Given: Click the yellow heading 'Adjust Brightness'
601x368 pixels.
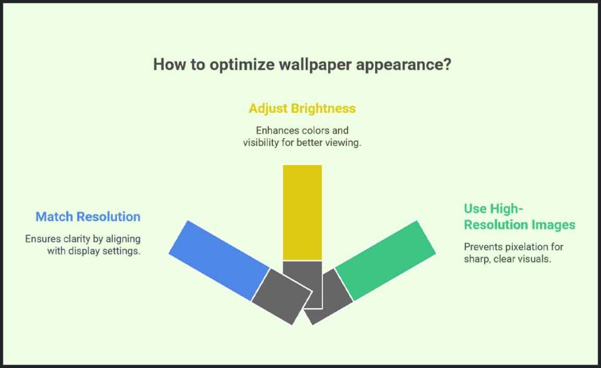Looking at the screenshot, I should click(x=302, y=109).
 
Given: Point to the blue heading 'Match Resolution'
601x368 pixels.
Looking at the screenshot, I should click(x=88, y=216).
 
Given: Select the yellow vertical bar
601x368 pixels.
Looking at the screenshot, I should click(x=302, y=212).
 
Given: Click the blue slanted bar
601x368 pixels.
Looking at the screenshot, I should click(x=219, y=259).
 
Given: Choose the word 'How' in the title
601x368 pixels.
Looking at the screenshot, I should click(x=167, y=65).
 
